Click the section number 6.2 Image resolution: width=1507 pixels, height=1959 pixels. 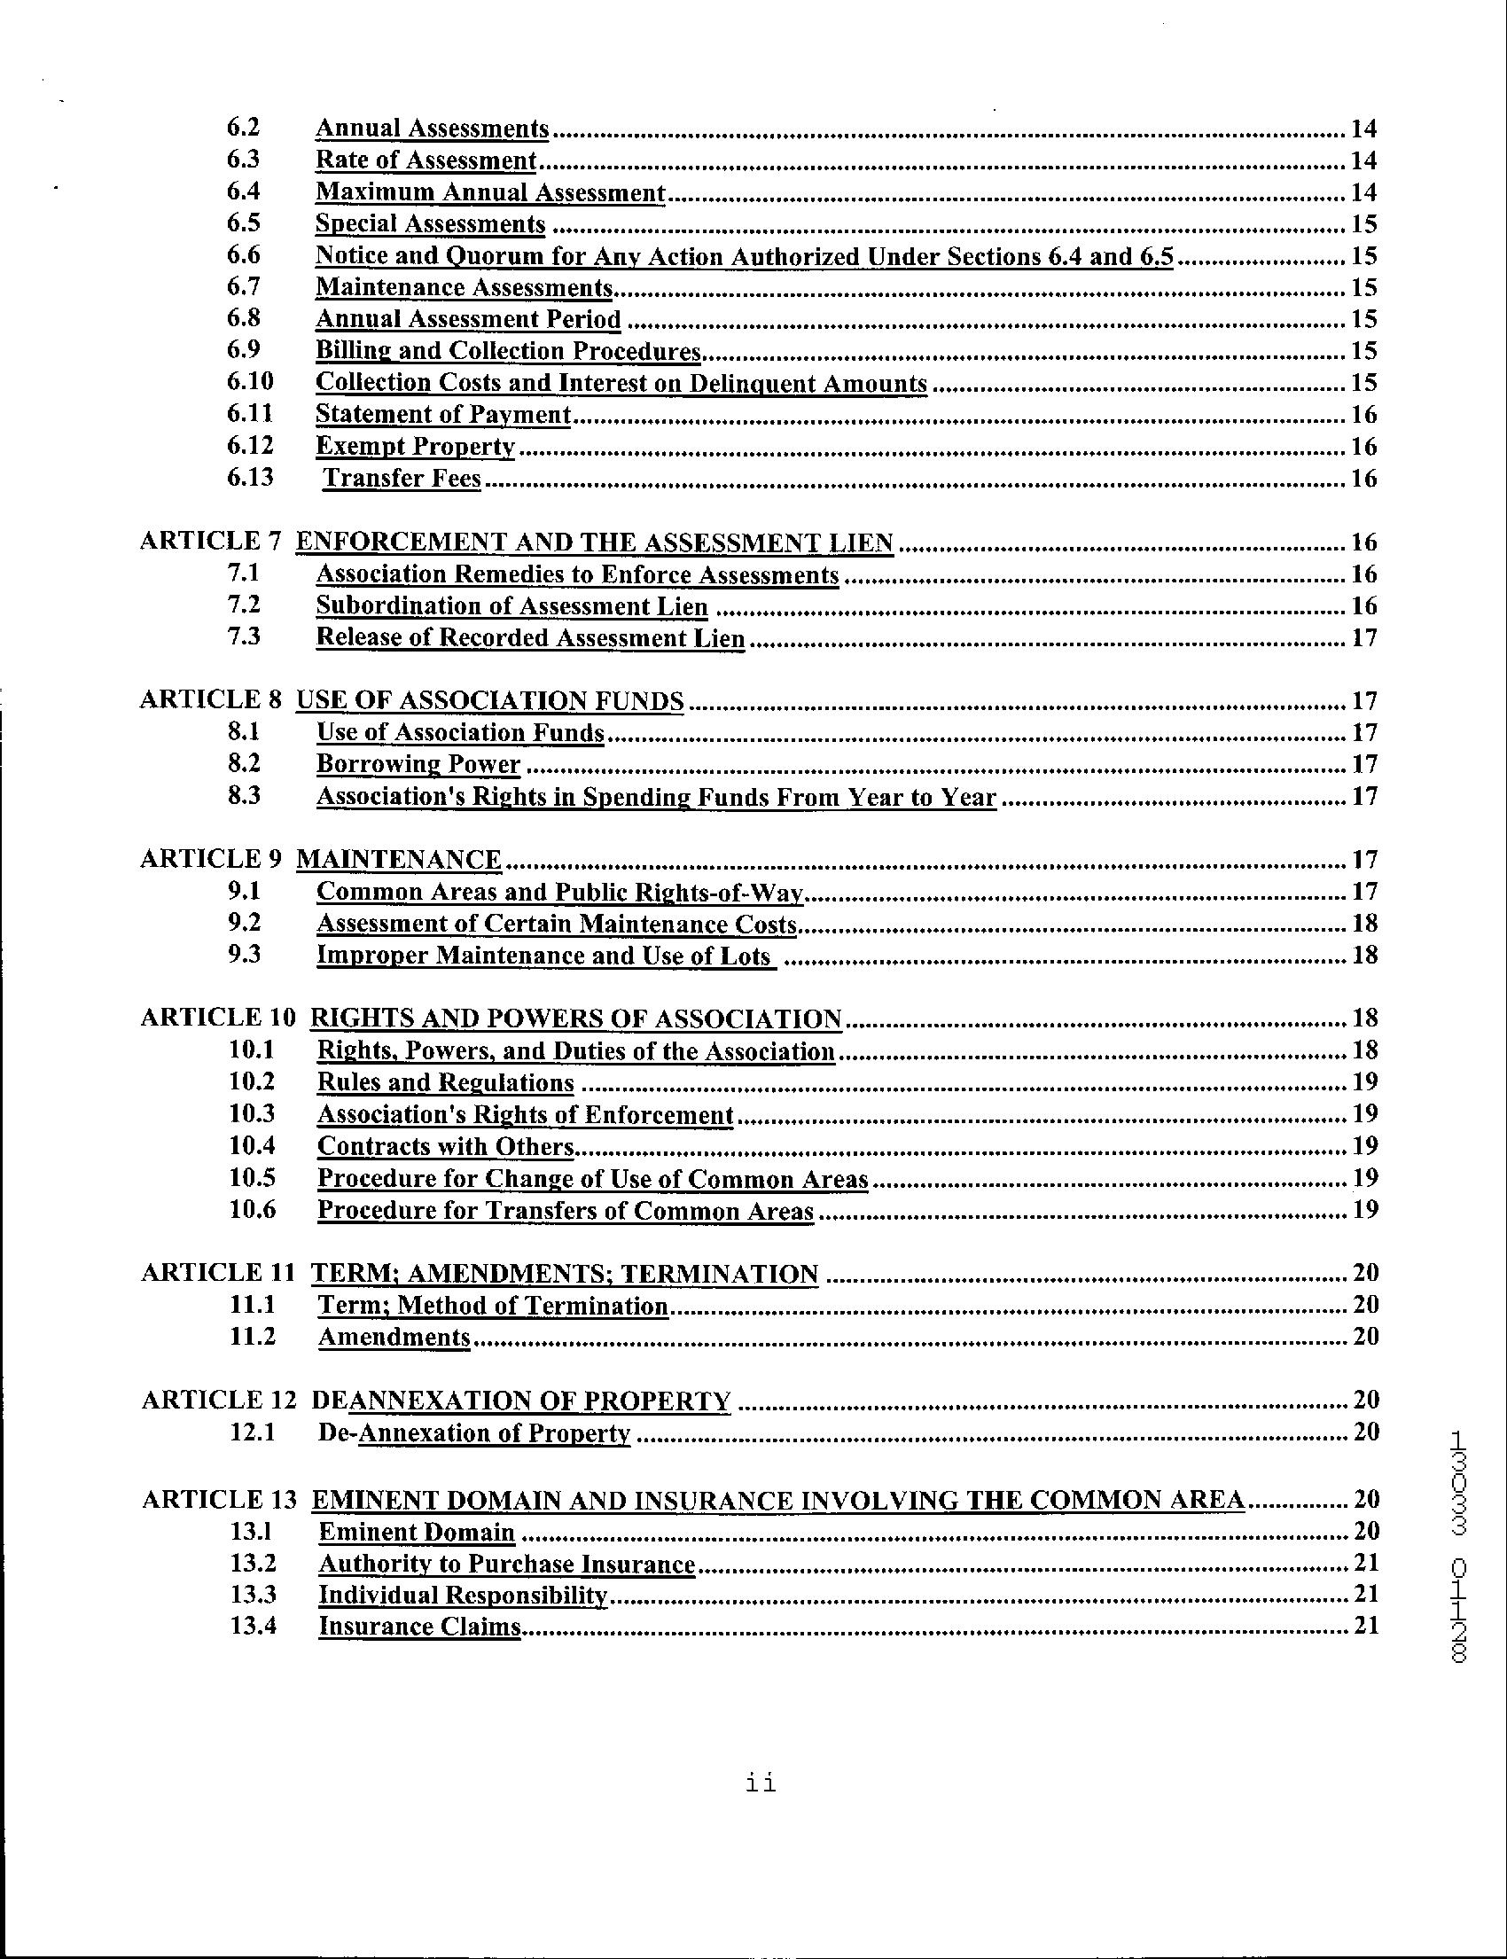243,128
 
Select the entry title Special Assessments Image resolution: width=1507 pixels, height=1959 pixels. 430,223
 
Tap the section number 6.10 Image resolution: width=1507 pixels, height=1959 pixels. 249,382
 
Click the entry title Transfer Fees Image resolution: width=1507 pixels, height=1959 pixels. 402,478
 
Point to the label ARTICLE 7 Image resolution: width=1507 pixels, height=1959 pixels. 211,542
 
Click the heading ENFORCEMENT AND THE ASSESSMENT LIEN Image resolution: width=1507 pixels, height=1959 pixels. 594,542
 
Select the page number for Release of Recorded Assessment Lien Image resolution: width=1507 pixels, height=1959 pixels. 1363,637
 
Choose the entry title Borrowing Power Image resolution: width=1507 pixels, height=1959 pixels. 418,764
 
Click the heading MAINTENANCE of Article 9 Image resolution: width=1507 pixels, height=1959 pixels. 398,859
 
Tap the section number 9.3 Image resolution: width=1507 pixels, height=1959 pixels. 244,955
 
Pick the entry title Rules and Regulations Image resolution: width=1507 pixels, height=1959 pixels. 445,1082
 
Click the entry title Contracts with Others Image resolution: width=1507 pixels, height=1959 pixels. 445,1146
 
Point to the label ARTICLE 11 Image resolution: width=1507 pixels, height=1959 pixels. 218,1273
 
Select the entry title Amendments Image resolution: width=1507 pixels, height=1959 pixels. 394,1337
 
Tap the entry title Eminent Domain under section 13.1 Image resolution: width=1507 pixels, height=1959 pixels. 417,1532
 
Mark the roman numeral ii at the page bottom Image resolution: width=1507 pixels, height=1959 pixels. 761,1783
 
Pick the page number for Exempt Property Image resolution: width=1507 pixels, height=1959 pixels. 1363,447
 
